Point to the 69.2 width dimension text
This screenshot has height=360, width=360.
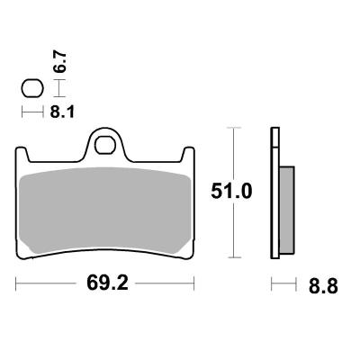[106, 284]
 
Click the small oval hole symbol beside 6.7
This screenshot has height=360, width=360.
[31, 89]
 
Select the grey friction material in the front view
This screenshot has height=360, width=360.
[105, 207]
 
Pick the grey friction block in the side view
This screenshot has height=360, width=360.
[286, 210]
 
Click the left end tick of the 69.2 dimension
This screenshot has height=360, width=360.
[17, 284]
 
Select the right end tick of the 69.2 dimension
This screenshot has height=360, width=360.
[194, 284]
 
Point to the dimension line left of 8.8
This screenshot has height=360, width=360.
[283, 284]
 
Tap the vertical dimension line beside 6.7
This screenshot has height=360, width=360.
[58, 88]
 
